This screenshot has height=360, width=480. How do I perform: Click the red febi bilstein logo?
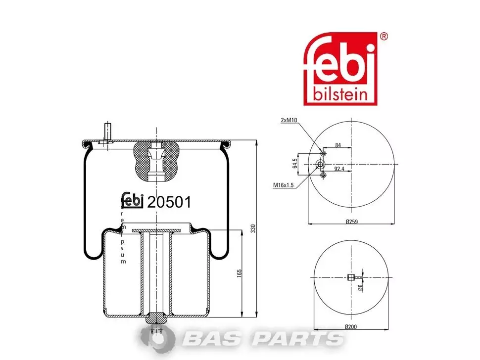point(340,69)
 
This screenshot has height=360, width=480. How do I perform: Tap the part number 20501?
point(169,202)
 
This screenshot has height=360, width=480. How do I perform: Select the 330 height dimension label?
point(253,228)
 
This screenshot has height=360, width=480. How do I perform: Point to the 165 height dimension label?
point(240,273)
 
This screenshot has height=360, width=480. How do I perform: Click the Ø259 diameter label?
point(352,222)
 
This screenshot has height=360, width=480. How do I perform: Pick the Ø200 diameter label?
point(351,327)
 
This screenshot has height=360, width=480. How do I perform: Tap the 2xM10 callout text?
point(289,120)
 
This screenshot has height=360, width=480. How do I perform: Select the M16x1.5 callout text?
point(283,185)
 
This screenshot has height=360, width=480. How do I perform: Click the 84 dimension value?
point(338,145)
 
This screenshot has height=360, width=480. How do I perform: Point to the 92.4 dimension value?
point(339,169)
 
